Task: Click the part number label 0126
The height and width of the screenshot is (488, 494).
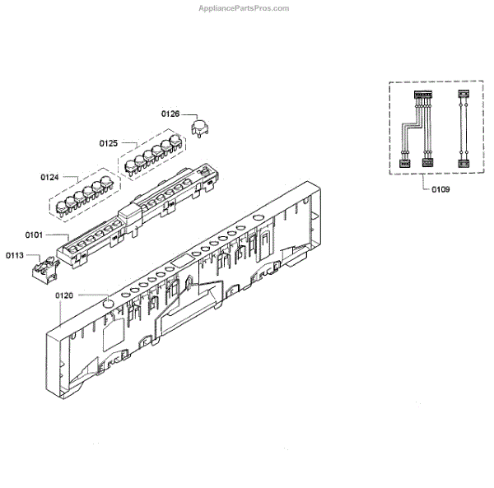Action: click(170, 114)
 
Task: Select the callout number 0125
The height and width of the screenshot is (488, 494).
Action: click(110, 143)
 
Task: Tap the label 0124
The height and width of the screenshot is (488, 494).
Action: click(49, 177)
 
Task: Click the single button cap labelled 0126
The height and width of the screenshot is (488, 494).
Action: click(198, 126)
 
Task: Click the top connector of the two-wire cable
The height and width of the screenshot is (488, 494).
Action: click(461, 95)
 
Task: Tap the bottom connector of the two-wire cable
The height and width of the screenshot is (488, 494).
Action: click(461, 162)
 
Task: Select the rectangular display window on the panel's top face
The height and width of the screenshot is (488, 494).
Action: click(179, 263)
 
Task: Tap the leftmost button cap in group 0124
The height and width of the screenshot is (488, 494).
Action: click(64, 206)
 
